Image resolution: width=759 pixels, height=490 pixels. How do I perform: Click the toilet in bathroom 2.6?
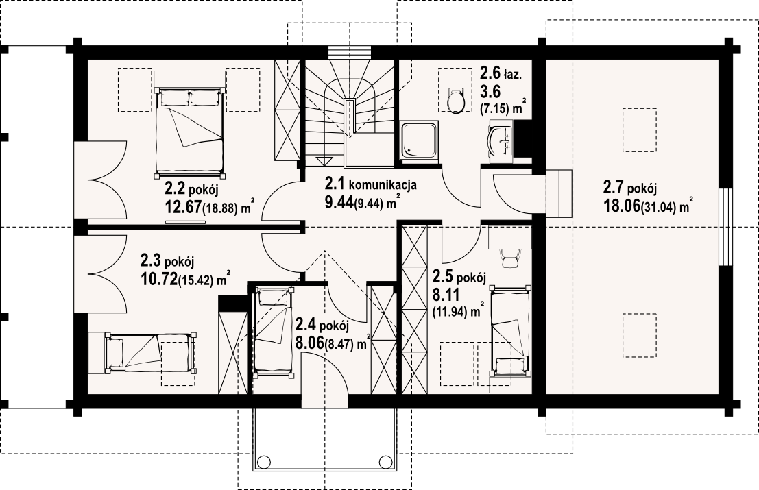coord(456,101)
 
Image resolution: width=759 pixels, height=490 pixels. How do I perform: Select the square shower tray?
coord(420,140)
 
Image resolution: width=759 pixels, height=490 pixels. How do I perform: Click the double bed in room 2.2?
coord(190,131)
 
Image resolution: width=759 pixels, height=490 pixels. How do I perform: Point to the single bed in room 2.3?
coord(151,352)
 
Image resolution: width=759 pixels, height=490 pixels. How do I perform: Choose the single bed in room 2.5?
coord(511,331)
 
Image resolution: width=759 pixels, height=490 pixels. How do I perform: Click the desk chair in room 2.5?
coord(509,257)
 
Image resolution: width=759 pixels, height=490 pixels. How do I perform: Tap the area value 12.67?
coord(183,208)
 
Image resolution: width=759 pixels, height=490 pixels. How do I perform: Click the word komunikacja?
coord(383,185)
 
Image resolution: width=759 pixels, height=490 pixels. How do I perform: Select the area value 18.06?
coord(621,206)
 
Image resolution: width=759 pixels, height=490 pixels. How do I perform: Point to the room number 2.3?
coord(151,261)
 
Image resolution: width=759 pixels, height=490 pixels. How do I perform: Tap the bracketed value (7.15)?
coord(495,109)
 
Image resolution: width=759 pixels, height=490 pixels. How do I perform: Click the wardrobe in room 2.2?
coord(287,110)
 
